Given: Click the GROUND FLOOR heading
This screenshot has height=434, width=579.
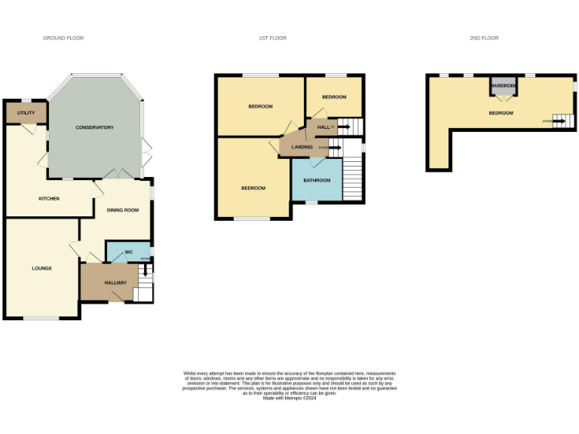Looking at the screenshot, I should [x=63, y=38].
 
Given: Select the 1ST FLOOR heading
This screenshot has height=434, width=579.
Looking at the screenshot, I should [x=273, y=38].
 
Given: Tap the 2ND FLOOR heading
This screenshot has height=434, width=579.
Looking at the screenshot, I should [x=485, y=38].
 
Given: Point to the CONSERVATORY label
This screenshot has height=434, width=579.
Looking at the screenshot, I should [x=94, y=127].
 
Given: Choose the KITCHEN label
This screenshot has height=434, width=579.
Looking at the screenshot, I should [x=49, y=198].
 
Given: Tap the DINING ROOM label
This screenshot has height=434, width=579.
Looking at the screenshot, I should [x=122, y=209].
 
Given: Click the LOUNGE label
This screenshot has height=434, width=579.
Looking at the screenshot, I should [x=41, y=267].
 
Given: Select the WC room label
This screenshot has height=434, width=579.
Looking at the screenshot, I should [x=118, y=251].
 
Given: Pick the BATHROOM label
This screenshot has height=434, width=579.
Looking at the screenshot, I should [x=317, y=180].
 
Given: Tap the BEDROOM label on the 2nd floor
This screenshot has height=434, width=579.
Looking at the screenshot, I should [x=501, y=113].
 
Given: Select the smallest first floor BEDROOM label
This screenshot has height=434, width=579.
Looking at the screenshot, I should [x=334, y=97].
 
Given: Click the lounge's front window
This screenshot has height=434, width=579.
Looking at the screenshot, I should [x=41, y=318].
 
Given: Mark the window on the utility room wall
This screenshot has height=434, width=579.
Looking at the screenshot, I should [x=26, y=100].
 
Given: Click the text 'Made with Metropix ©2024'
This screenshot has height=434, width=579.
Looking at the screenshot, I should [x=289, y=398].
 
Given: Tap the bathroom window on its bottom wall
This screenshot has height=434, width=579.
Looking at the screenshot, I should [x=311, y=202].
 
